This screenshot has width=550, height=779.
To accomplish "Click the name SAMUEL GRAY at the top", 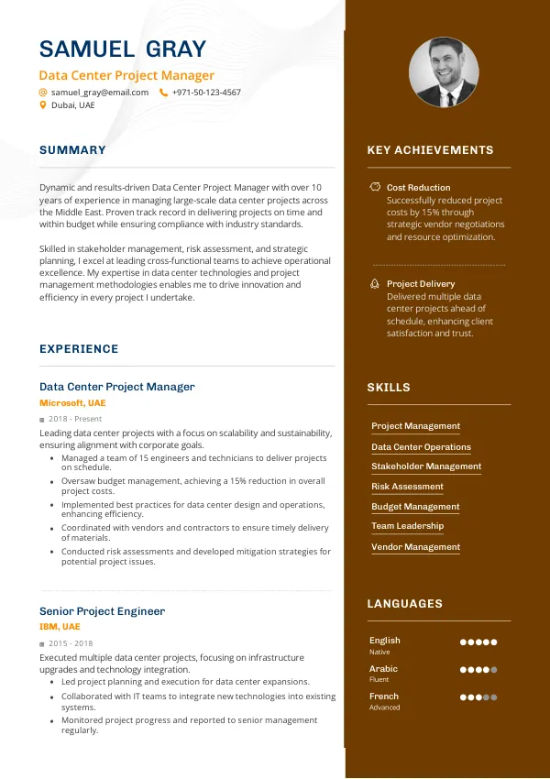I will point(123,49).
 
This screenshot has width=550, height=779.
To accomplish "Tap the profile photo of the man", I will point(444,72).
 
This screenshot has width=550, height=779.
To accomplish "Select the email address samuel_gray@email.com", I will point(100,93).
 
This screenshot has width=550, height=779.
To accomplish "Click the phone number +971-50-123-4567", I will point(206,93).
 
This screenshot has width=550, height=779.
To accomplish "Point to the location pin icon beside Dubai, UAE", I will point(42,105).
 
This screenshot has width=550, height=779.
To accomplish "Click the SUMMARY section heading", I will point(72,150).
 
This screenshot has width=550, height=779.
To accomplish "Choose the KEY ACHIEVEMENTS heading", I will point(430,150).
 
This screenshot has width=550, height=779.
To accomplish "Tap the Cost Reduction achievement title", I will point(418,187).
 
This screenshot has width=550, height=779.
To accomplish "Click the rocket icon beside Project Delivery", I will point(375,284).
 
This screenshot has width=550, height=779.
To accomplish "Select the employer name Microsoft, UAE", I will point(72,403).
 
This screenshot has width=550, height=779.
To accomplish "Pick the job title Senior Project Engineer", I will point(102,611).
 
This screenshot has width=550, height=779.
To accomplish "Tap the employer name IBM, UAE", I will point(60,627).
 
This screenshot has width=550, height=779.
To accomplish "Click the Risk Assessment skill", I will point(407,487).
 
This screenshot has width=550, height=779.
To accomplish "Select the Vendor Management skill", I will point(415,547).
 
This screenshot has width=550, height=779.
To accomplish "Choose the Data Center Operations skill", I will point(421,447).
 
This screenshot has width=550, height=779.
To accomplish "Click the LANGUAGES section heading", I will point(404,604).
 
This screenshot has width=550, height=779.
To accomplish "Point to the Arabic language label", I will point(383,669).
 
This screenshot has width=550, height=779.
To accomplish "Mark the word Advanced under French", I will point(384,708).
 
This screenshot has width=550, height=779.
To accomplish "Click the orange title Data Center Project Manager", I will point(126,75).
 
